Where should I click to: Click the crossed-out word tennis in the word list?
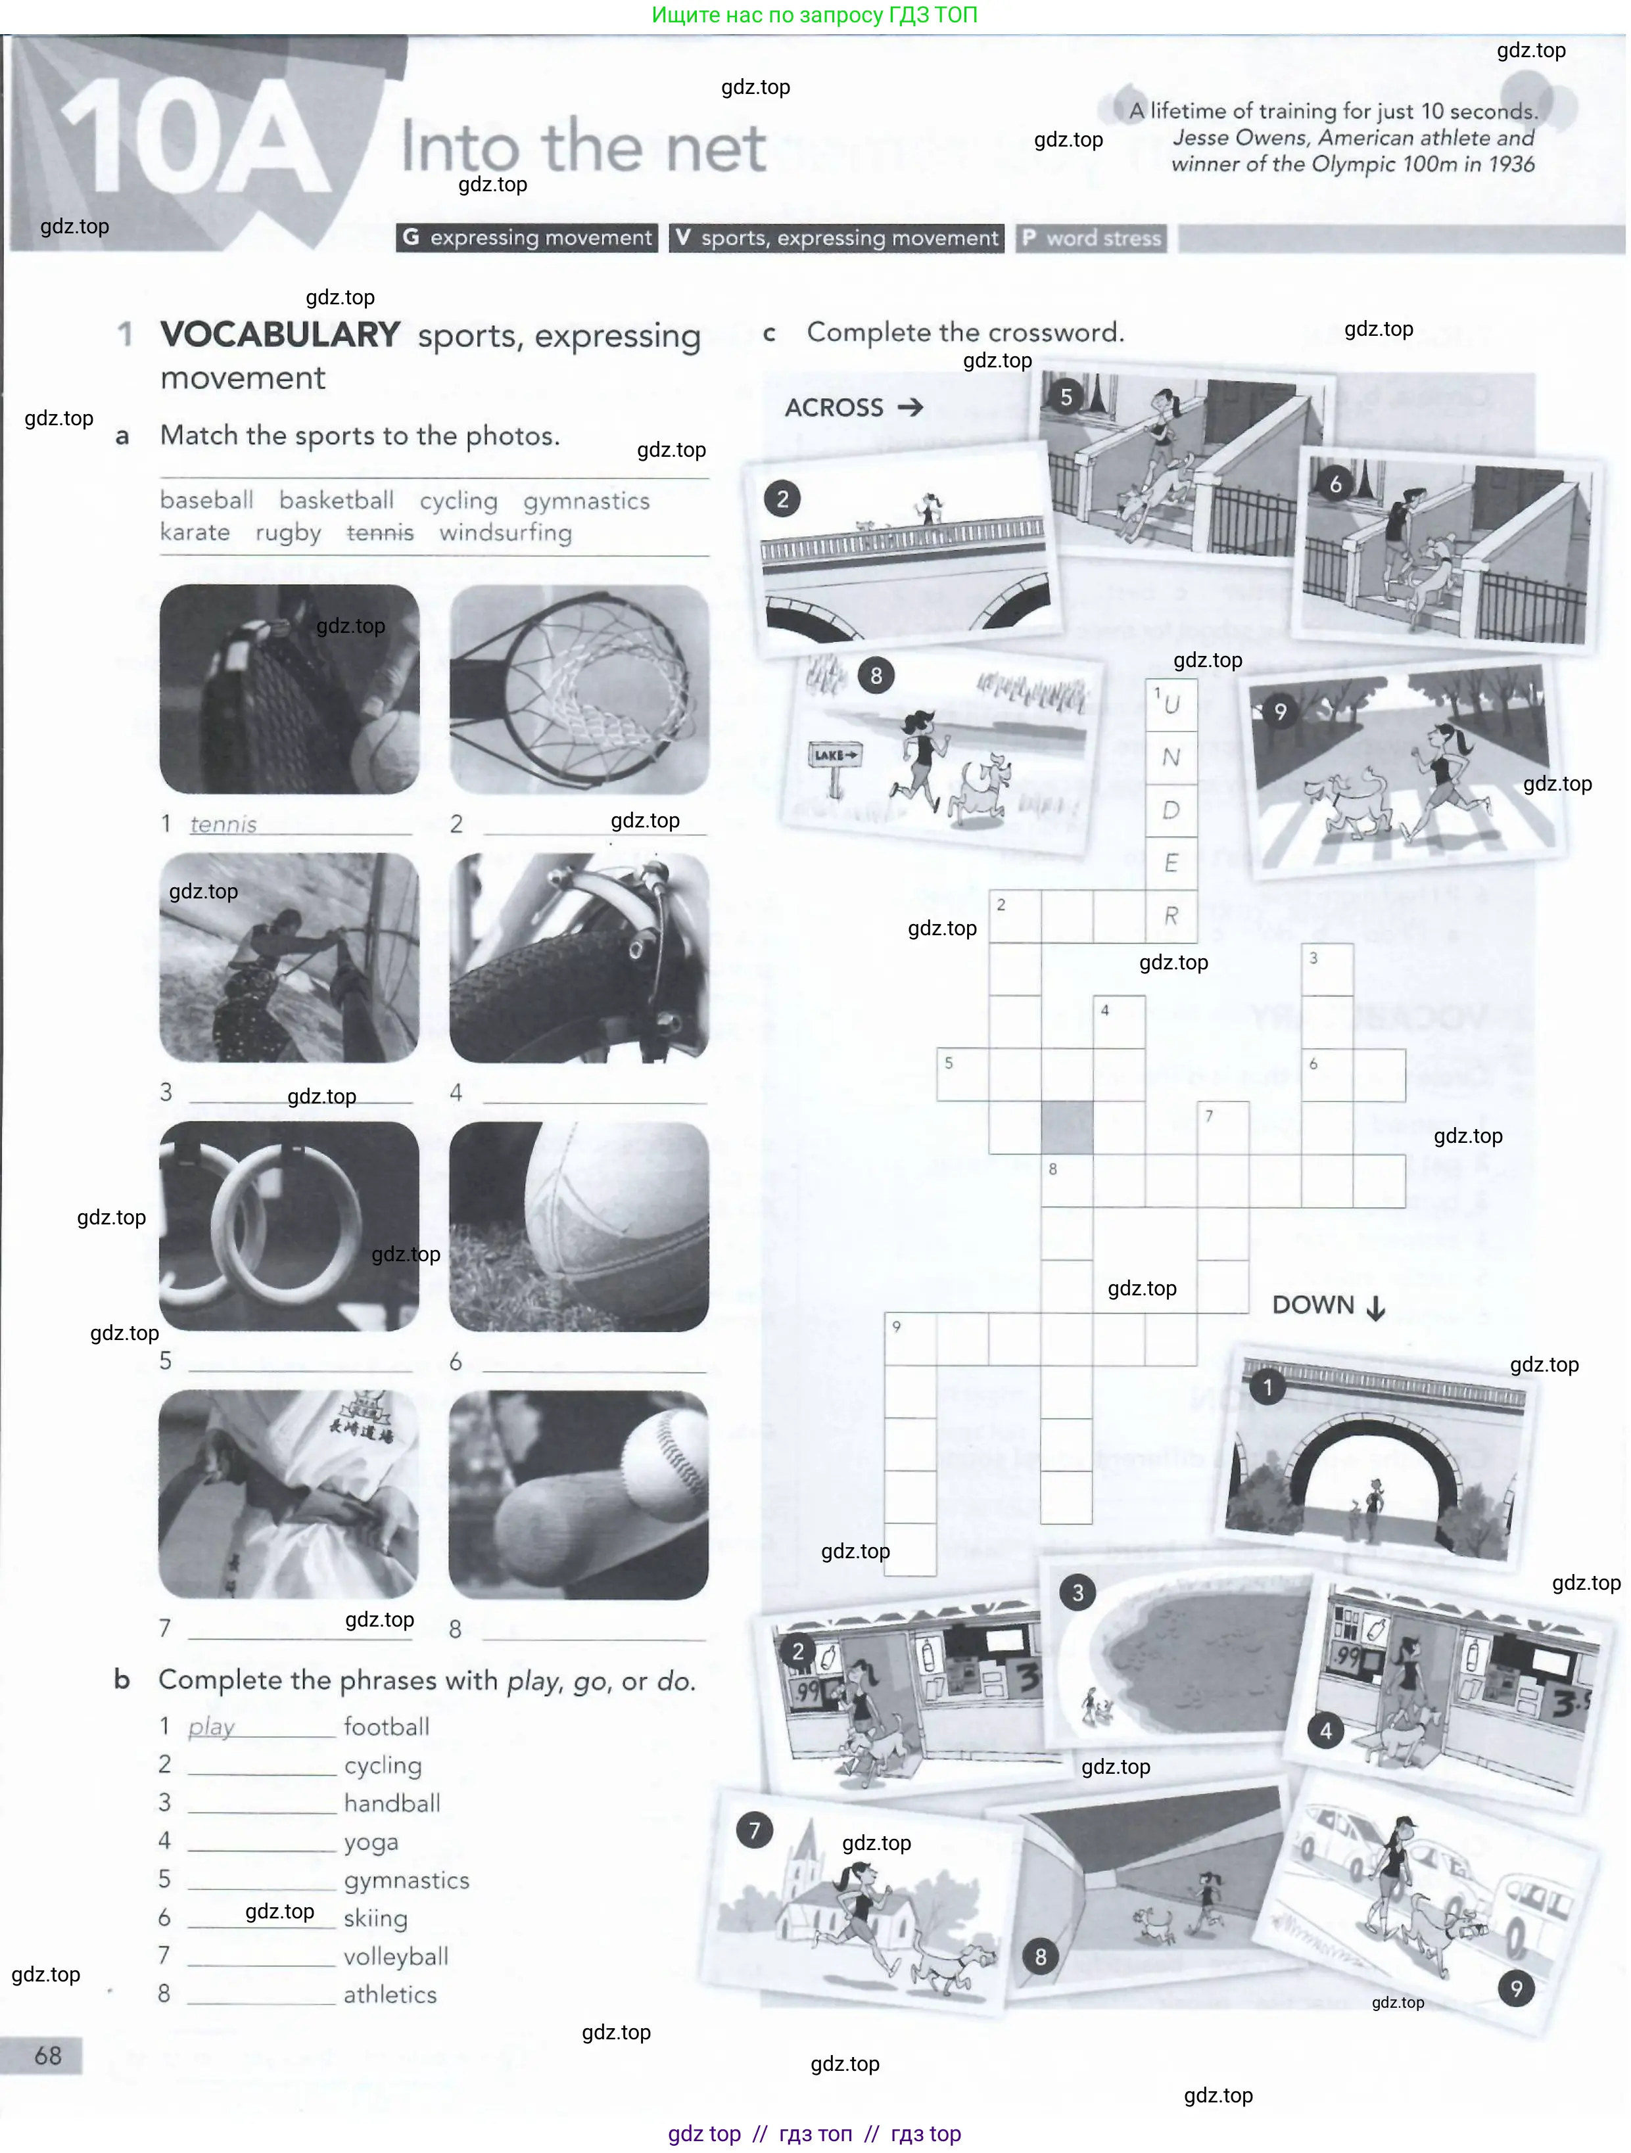pos(380,532)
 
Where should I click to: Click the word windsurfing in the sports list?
pos(506,532)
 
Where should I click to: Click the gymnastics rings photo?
pos(289,1226)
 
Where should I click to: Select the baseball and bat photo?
pos(579,1494)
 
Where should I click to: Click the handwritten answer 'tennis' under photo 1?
pos(223,824)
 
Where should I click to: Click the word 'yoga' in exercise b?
pos(371,1841)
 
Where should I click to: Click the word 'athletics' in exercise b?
pos(389,1995)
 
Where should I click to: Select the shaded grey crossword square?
pos(1066,1127)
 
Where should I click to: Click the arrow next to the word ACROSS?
pos(910,407)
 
